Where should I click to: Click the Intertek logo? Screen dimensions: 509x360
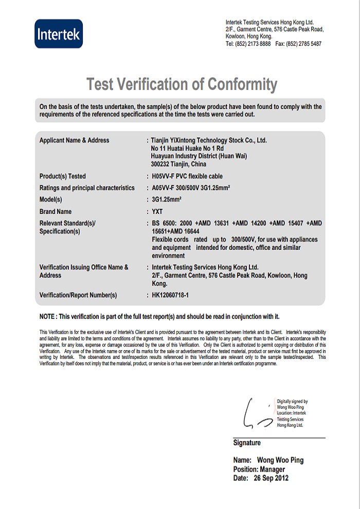click(x=58, y=34)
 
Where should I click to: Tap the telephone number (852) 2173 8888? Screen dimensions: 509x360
click(x=253, y=44)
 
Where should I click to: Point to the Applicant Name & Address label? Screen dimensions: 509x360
click(x=74, y=140)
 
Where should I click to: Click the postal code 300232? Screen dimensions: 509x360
click(x=163, y=165)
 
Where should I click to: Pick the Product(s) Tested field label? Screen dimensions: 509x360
click(x=63, y=176)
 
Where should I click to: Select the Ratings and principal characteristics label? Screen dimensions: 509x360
click(x=87, y=188)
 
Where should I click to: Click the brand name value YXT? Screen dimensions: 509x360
click(x=157, y=211)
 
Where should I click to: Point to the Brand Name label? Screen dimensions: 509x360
click(x=56, y=211)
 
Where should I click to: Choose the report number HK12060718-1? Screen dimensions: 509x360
click(x=174, y=295)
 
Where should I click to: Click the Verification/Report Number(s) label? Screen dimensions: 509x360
click(x=78, y=295)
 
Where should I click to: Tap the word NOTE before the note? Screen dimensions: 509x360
click(x=47, y=317)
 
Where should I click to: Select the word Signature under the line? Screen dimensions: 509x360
click(x=247, y=443)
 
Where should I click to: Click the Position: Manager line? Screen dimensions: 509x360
click(x=259, y=469)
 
